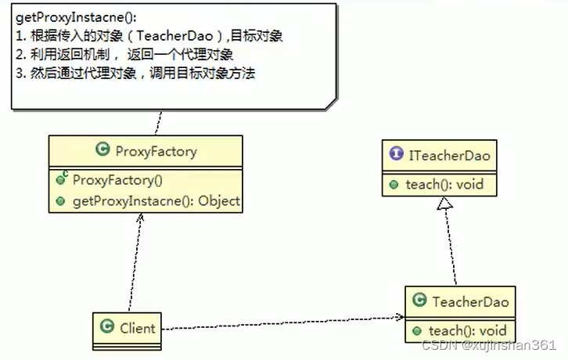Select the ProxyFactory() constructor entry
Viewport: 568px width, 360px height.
tap(117, 180)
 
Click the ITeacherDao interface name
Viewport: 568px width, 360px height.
tap(450, 156)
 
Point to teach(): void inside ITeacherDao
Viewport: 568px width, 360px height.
tap(444, 185)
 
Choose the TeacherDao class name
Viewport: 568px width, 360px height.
tap(470, 301)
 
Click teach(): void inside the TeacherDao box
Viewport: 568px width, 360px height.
tap(468, 330)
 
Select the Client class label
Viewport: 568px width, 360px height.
tap(138, 327)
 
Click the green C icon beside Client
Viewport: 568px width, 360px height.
tap(107, 327)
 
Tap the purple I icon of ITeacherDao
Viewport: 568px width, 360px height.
tap(395, 156)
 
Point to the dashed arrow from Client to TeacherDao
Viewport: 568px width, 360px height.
tap(282, 322)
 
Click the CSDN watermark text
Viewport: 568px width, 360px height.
tap(488, 345)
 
